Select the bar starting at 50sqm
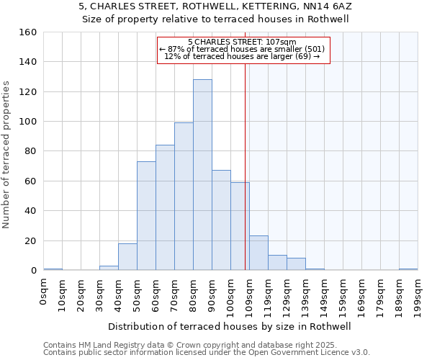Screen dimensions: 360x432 (146, 216)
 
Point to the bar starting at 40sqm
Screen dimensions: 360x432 (127, 257)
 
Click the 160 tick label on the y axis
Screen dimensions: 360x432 (28, 32)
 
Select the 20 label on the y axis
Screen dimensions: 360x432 (31, 240)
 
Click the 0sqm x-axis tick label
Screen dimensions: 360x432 (44, 292)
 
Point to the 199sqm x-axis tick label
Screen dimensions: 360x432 (418, 294)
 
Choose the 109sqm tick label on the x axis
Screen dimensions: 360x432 (249, 294)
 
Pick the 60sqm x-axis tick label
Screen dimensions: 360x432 (156, 294)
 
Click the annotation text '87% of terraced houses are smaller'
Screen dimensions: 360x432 (242, 49)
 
